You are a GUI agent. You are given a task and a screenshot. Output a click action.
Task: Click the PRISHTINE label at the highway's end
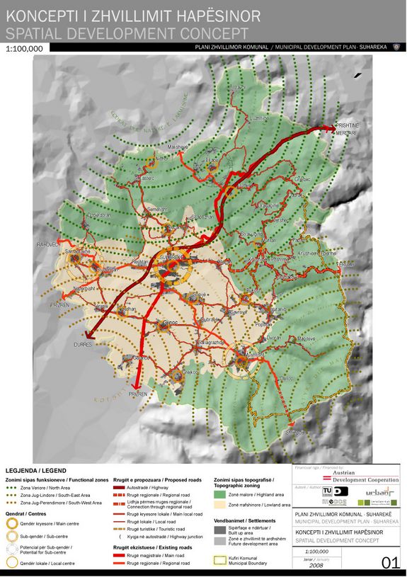(348, 125)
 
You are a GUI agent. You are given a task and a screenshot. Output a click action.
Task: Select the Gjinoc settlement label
(170, 323)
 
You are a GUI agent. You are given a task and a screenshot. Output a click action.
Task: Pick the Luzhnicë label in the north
(259, 118)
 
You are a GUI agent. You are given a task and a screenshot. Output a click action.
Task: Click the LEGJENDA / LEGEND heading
(36, 470)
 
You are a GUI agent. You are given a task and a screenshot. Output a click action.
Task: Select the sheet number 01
(390, 563)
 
